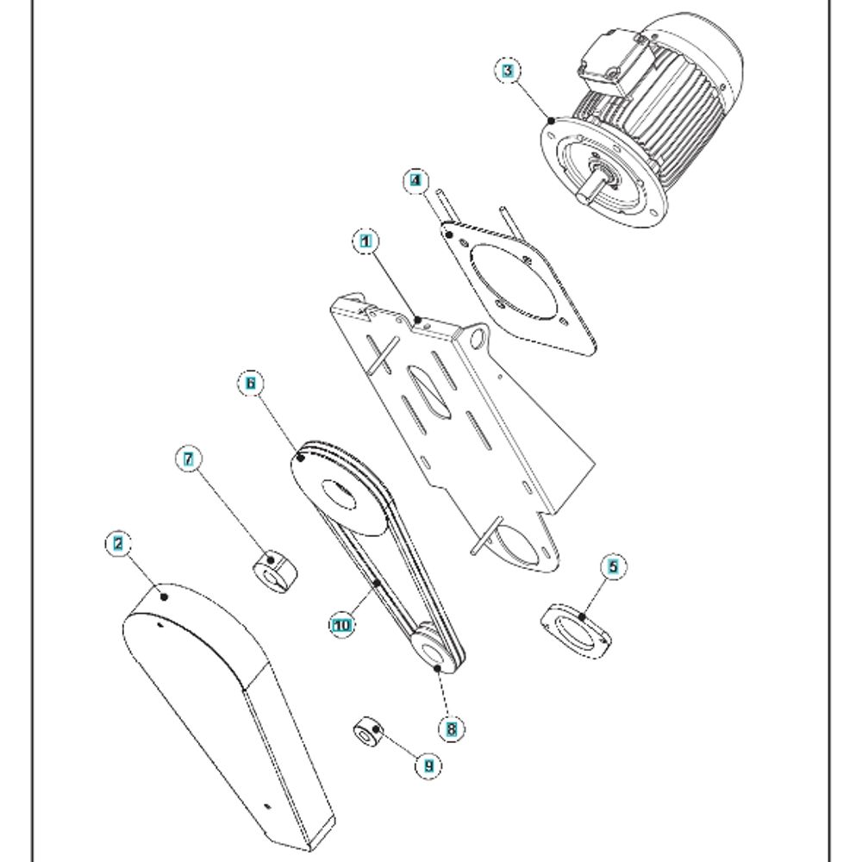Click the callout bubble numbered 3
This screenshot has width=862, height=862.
(x=508, y=71)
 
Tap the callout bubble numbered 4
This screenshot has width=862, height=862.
(x=415, y=180)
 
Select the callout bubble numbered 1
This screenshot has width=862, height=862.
(x=365, y=241)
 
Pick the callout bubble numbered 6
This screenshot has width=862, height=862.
(x=250, y=384)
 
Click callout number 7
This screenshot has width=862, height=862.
(x=189, y=459)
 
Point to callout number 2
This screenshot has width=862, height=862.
(x=118, y=544)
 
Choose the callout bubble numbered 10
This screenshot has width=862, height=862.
(x=341, y=625)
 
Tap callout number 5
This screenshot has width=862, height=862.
(x=613, y=566)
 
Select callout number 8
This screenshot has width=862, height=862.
(x=452, y=729)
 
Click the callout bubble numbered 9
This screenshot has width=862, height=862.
(x=428, y=765)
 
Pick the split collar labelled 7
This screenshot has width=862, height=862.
(x=274, y=572)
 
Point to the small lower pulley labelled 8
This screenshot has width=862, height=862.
(x=438, y=649)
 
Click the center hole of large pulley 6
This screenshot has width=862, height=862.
(x=338, y=494)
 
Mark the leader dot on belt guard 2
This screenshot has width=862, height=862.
(x=164, y=597)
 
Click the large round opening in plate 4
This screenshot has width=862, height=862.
(x=513, y=281)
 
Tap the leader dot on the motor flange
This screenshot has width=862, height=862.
(x=552, y=121)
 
